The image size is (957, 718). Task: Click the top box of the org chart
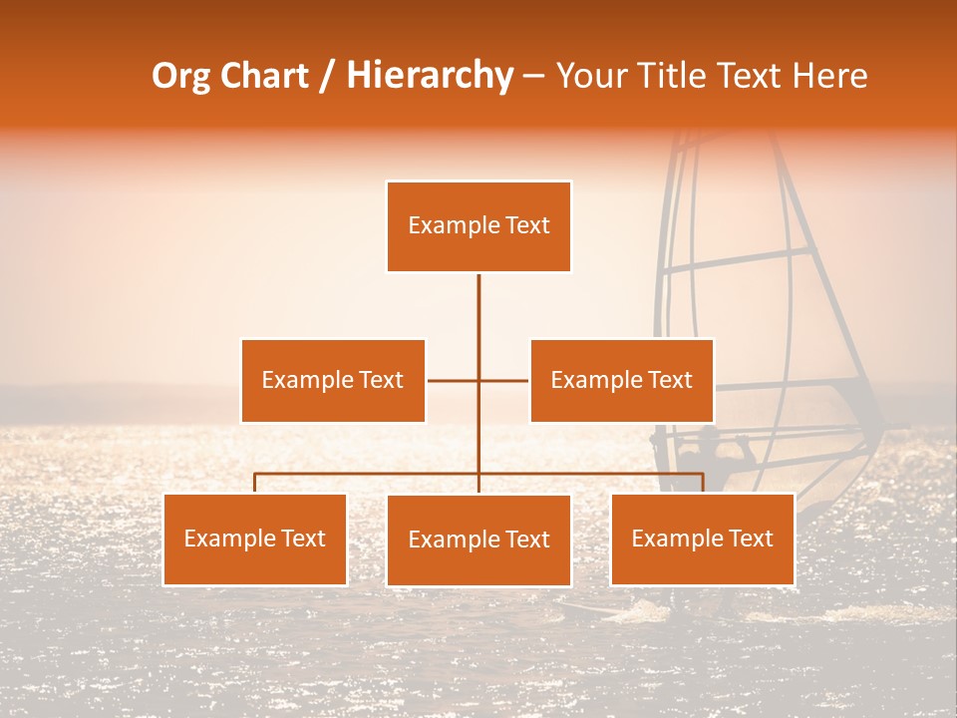[x=478, y=226]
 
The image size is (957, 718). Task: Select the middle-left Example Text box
[x=333, y=380]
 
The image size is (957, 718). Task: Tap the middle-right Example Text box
[x=621, y=380]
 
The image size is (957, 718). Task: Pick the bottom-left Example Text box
[x=255, y=538]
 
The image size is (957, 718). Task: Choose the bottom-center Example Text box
[x=478, y=539]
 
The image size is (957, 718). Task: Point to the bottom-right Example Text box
[x=702, y=538]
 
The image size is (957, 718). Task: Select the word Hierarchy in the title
[x=430, y=76]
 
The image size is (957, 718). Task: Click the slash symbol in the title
[x=327, y=76]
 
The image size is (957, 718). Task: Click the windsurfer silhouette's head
[x=706, y=439]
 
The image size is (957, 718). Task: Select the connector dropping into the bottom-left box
[x=255, y=484]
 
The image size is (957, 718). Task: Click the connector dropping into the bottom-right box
[x=703, y=484]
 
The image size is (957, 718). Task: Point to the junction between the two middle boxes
[x=478, y=380]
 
